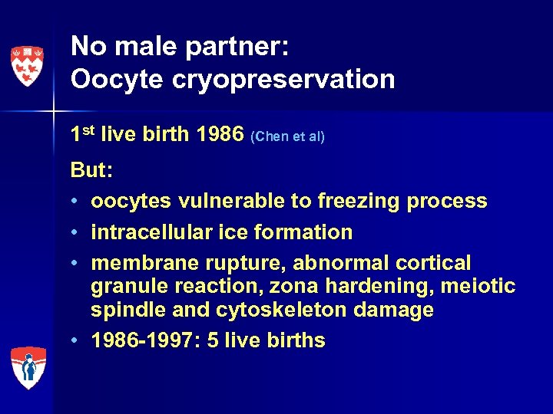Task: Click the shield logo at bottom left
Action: coord(28,367)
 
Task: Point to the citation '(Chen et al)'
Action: coord(288,136)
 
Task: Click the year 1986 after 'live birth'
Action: coord(220,134)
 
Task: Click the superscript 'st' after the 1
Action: coord(91,130)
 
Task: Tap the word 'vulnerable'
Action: coord(230,201)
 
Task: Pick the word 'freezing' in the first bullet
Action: coord(356,201)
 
